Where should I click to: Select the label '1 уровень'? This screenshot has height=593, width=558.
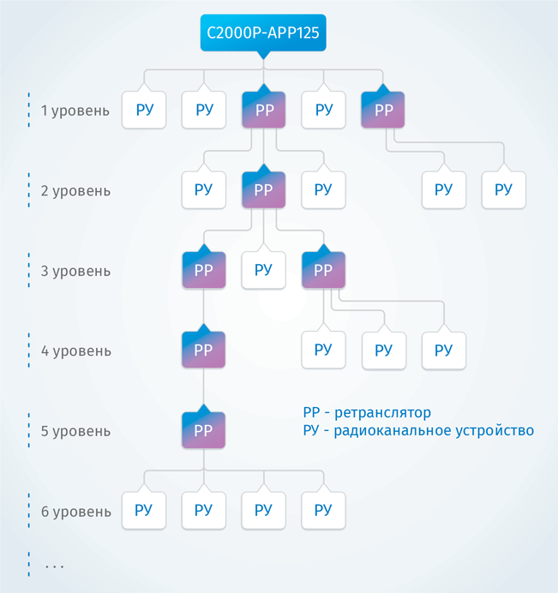(75, 111)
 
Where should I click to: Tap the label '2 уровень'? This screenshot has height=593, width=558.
(75, 190)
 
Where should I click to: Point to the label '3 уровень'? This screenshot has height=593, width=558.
(75, 271)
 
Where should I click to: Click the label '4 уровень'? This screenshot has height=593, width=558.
(75, 350)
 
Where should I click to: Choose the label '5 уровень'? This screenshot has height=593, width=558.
(75, 431)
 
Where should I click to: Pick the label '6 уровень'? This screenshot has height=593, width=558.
(75, 512)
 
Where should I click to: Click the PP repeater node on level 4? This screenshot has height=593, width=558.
(203, 350)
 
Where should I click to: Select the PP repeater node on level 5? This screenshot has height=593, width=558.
(203, 429)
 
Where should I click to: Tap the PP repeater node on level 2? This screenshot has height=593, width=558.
(263, 189)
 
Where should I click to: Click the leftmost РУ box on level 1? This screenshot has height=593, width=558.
(144, 110)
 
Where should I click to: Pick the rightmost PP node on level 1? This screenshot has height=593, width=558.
(383, 110)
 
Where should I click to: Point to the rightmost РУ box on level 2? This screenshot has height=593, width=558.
(503, 189)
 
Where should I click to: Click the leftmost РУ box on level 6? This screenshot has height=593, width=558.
(144, 511)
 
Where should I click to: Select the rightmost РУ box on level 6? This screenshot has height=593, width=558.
(323, 511)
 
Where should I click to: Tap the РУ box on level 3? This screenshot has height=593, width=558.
(263, 270)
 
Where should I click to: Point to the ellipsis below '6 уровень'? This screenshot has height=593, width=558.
(55, 566)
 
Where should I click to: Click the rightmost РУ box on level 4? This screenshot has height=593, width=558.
(443, 350)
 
